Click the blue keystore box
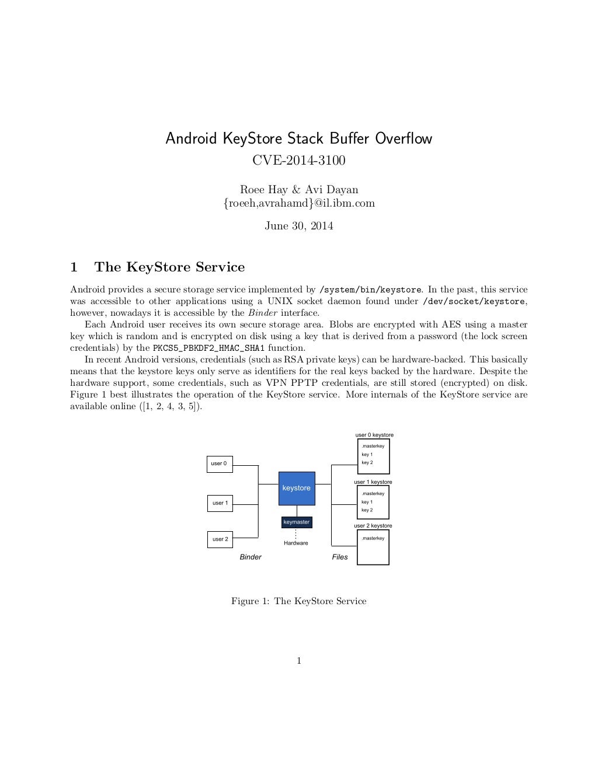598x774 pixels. coord(297,488)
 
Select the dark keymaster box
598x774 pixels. coord(296,522)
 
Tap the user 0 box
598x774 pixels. coord(220,464)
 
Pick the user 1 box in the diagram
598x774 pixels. coord(220,503)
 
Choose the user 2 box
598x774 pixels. coord(220,539)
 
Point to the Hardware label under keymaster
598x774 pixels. coord(296,543)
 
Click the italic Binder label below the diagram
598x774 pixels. coord(251,557)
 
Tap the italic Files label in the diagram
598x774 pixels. coord(340,557)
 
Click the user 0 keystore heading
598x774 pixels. coord(374,435)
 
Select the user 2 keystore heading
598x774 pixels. coord(373,526)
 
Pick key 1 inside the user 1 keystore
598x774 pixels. coord(367,502)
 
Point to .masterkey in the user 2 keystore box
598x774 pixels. coord(373,538)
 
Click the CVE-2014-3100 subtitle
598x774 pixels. coord(298,161)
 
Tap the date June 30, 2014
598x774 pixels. coord(299,226)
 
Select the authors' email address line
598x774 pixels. coord(299,203)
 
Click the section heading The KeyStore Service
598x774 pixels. coord(169,267)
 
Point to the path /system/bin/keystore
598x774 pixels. coord(370,290)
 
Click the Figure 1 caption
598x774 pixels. coord(299,601)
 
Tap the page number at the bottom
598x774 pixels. coord(299,661)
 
